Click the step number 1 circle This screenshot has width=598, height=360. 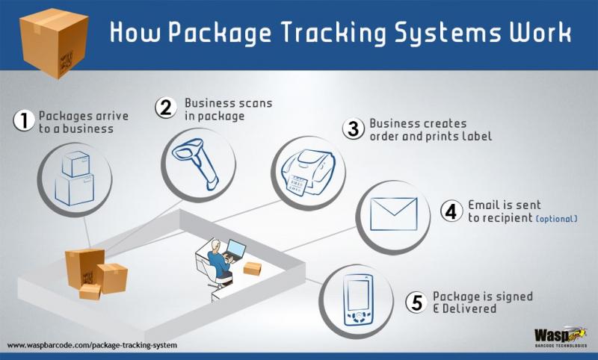pos(24,120)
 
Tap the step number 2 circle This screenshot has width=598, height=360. pos(166,108)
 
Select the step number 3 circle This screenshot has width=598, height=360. pos(353,128)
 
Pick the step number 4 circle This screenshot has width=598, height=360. pos(451,211)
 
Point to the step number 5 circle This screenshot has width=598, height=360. pos(416,302)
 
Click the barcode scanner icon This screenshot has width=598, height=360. pos(195,163)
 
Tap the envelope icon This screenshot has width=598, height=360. pos(394,214)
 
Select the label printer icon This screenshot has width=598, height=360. pos(308,172)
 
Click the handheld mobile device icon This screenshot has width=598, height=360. pos(357,300)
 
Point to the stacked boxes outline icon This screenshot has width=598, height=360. pos(75,179)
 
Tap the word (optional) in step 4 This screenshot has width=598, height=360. pos(556,219)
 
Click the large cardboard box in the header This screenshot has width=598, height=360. pos(54,43)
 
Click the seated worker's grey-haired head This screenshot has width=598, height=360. pos(215,245)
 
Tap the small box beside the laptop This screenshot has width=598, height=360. pos(252,268)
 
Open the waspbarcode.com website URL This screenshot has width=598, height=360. pos(92,345)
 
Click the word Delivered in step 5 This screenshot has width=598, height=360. pos(469,308)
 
